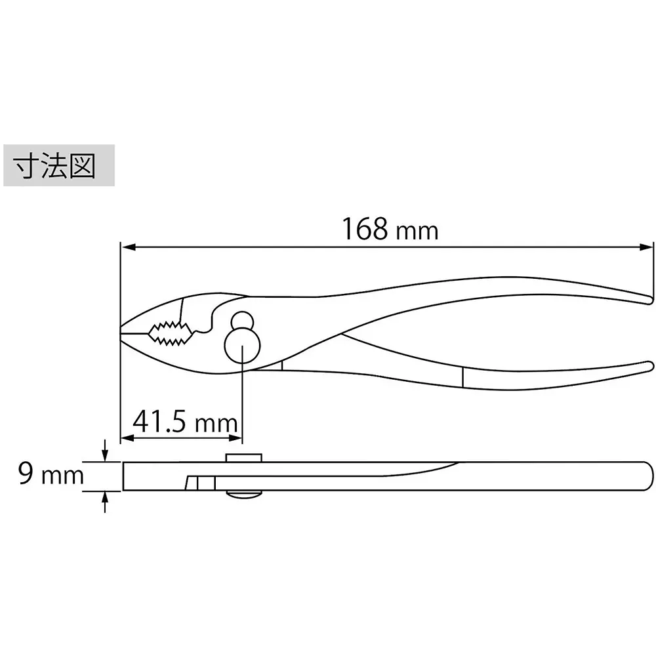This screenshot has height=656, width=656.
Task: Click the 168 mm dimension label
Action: tap(389, 229)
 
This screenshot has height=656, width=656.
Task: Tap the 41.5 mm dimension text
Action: tap(184, 421)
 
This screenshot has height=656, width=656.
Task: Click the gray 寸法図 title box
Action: tap(59, 166)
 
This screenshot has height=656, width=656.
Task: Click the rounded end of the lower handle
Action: tap(649, 366)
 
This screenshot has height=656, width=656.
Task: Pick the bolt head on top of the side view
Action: tap(244, 457)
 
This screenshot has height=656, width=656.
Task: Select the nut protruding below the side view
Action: tap(244, 496)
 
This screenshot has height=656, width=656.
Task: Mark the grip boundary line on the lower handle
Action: tap(462, 378)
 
